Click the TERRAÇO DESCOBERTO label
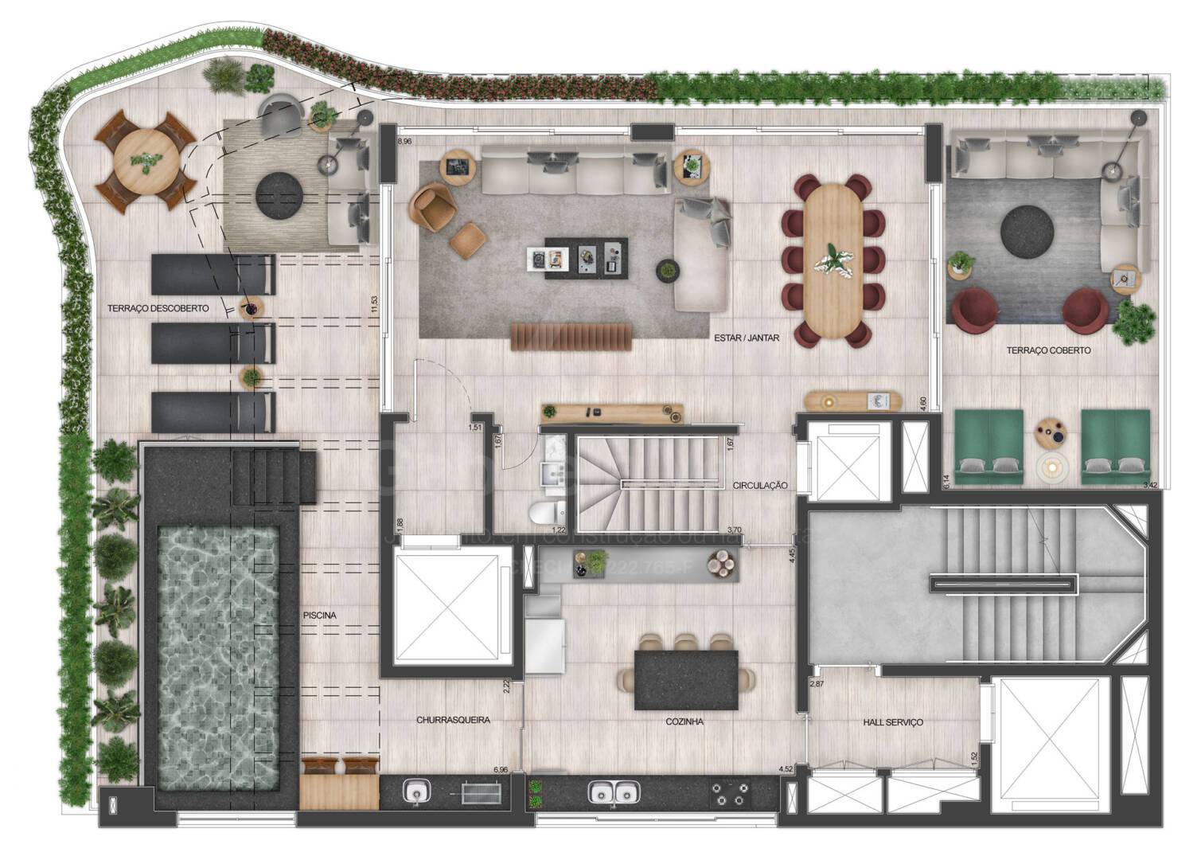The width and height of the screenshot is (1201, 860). coord(158,308)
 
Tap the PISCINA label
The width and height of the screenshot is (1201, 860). coord(319,616)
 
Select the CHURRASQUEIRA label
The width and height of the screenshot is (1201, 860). coord(453,721)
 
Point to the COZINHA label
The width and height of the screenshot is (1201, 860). coord(684,722)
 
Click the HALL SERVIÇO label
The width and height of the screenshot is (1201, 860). coord(893,722)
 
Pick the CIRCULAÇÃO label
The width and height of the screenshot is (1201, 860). coord(760,485)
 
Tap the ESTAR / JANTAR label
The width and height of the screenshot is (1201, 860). coord(747,338)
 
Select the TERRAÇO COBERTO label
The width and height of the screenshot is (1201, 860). coord(1048,350)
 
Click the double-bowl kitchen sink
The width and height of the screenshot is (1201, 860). coord(613,792)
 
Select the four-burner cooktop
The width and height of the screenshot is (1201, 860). coord(730,794)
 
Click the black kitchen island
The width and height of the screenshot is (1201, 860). coord(686,680)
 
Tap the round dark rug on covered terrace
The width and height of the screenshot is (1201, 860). coord(1027,232)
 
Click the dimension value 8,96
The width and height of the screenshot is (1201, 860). coord(404,142)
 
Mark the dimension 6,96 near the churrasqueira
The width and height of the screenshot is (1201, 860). coord(501,770)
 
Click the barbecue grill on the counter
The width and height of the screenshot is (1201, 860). coord(482,792)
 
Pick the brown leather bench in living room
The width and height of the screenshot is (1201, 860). coord(571,336)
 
